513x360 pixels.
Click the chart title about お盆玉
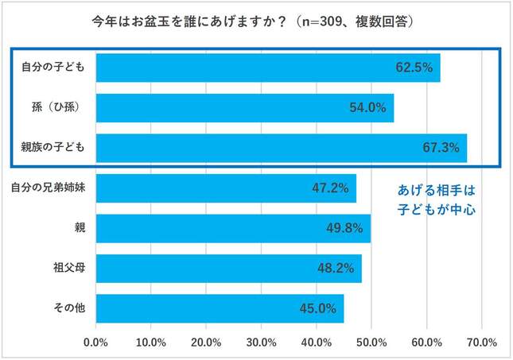tap(256, 19)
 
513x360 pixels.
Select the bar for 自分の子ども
tap(268, 68)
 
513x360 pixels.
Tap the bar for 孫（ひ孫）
tap(245, 107)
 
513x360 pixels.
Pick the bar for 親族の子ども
tap(282, 147)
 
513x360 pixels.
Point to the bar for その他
tap(220, 308)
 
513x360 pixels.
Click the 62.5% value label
tap(414, 68)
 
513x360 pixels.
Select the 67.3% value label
tap(441, 148)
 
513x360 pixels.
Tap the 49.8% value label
tap(344, 229)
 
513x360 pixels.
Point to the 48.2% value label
tap(335, 269)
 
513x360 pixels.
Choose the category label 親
tap(80, 229)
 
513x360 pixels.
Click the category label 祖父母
tap(69, 269)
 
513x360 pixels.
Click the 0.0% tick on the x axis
tap(96, 343)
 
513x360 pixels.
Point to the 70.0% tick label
tap(481, 343)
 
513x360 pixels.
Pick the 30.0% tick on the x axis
tap(262, 343)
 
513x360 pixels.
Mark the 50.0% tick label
tap(371, 343)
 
